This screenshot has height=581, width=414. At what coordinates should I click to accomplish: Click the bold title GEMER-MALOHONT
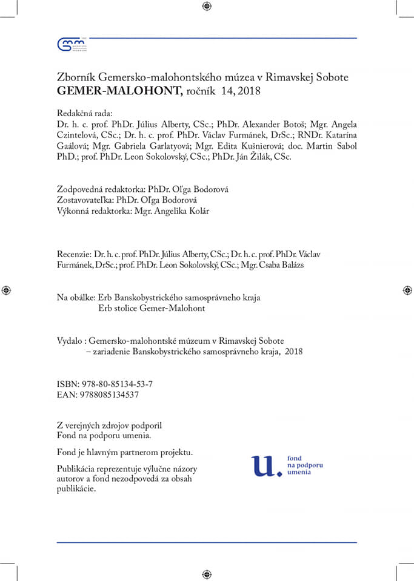pyautogui.click(x=119, y=91)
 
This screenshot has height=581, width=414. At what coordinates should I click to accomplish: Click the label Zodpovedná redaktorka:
pyautogui.click(x=96, y=189)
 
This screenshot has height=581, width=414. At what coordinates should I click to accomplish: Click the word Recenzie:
pyautogui.click(x=74, y=254)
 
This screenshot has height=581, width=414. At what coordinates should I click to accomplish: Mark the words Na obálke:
pyautogui.click(x=76, y=298)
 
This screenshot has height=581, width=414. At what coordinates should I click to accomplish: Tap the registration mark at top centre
pyautogui.click(x=207, y=6)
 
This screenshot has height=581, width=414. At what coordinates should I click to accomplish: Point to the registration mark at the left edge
pyautogui.click(x=6, y=290)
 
